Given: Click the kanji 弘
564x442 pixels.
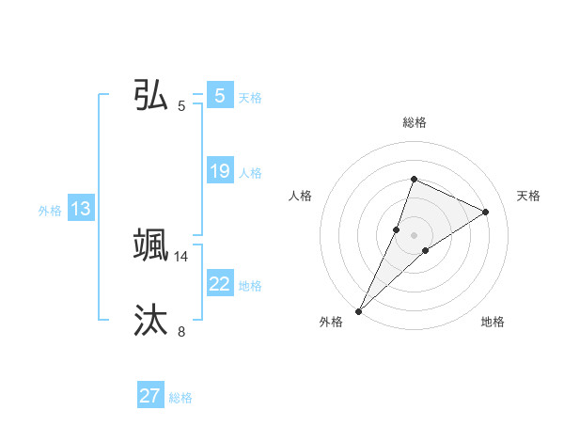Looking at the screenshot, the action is click(151, 95).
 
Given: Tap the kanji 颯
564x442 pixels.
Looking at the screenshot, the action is click(151, 245).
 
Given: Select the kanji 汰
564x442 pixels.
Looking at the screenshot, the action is click(151, 320).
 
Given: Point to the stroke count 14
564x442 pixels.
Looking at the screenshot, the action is click(181, 256).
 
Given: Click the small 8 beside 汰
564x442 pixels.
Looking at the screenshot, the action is click(181, 331).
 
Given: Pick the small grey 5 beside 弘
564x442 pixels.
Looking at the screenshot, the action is click(181, 106).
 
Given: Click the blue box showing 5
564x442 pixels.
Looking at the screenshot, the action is click(219, 96).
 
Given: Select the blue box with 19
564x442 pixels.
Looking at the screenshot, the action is click(219, 171).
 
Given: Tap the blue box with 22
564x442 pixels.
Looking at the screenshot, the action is click(219, 284).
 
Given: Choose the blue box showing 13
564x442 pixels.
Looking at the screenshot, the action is click(81, 209).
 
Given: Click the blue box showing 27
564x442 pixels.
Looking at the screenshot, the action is click(150, 396).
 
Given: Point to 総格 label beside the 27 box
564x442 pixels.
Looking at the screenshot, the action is click(180, 398).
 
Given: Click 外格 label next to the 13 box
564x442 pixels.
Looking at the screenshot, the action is click(50, 211).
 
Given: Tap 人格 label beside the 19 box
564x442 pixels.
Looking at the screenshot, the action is click(250, 173).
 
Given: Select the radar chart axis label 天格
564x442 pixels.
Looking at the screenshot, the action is click(528, 196).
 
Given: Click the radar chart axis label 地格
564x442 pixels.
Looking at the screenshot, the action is click(493, 323).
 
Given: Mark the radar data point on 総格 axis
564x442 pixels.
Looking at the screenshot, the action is click(414, 179).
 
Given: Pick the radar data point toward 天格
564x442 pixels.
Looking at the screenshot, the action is click(485, 212).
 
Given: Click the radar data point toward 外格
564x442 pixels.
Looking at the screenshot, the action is click(359, 310).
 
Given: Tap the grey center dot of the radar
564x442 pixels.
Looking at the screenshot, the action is click(414, 235).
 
